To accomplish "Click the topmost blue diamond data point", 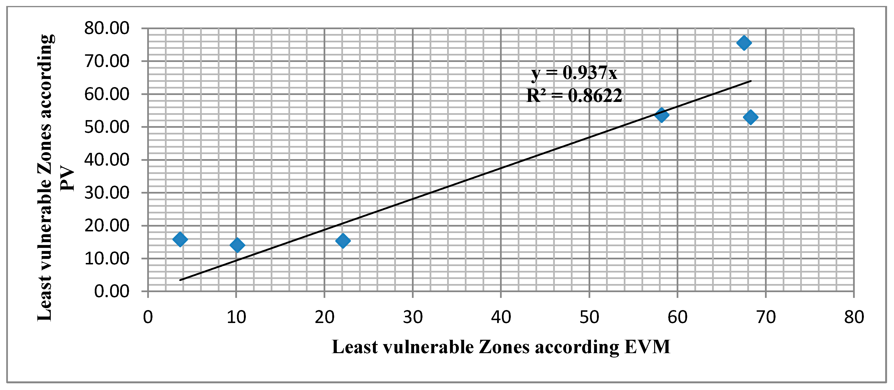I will click(x=744, y=43).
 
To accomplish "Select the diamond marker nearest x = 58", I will click(x=662, y=115).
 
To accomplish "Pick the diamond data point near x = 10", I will click(x=237, y=245).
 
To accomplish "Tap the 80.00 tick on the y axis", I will click(x=107, y=28).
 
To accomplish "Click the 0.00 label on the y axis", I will click(x=112, y=291).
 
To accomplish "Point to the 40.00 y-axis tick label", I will click(x=107, y=160).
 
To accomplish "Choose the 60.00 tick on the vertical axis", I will click(x=107, y=94).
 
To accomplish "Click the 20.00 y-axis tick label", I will click(x=107, y=226).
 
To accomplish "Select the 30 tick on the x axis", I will click(x=413, y=317).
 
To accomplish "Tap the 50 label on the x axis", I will click(x=589, y=317).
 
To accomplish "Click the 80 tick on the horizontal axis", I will click(x=854, y=317).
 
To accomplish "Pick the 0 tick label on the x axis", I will click(x=148, y=317).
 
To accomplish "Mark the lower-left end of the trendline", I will click(x=180, y=280).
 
